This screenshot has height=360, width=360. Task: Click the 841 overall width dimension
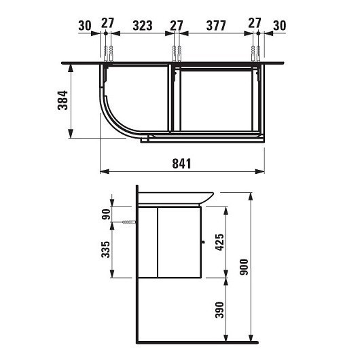[x=181, y=164]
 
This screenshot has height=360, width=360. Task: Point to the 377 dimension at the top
[x=216, y=26]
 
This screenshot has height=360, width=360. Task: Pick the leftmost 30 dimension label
[x=84, y=26]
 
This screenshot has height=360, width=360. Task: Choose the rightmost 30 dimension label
[x=278, y=26]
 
